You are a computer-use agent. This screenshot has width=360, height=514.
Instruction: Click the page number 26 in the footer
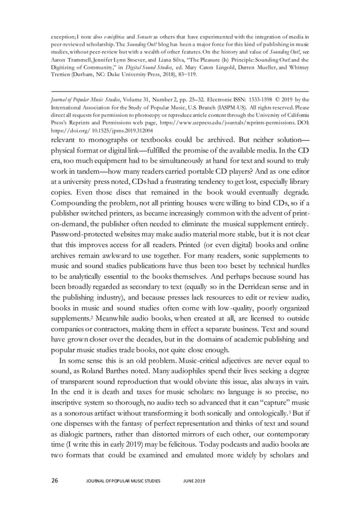(x=55, y=481)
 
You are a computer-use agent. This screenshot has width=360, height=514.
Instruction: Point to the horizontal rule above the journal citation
(x=179, y=91)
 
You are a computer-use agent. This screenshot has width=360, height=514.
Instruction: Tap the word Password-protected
(x=84, y=234)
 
